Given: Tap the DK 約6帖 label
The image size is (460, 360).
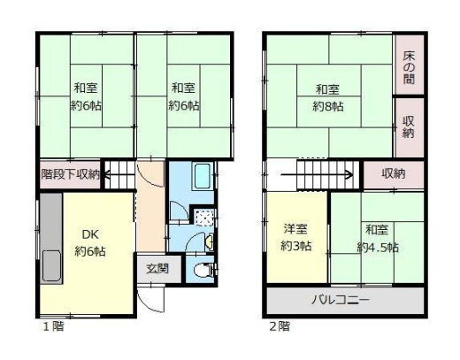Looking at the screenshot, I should (x=90, y=243).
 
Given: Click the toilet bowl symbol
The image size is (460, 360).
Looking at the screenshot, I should (x=200, y=270).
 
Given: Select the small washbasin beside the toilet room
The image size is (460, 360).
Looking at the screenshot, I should (x=210, y=241).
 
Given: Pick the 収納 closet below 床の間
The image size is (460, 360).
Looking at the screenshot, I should (x=409, y=126).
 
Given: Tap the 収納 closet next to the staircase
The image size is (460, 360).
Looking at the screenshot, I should (x=394, y=174).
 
